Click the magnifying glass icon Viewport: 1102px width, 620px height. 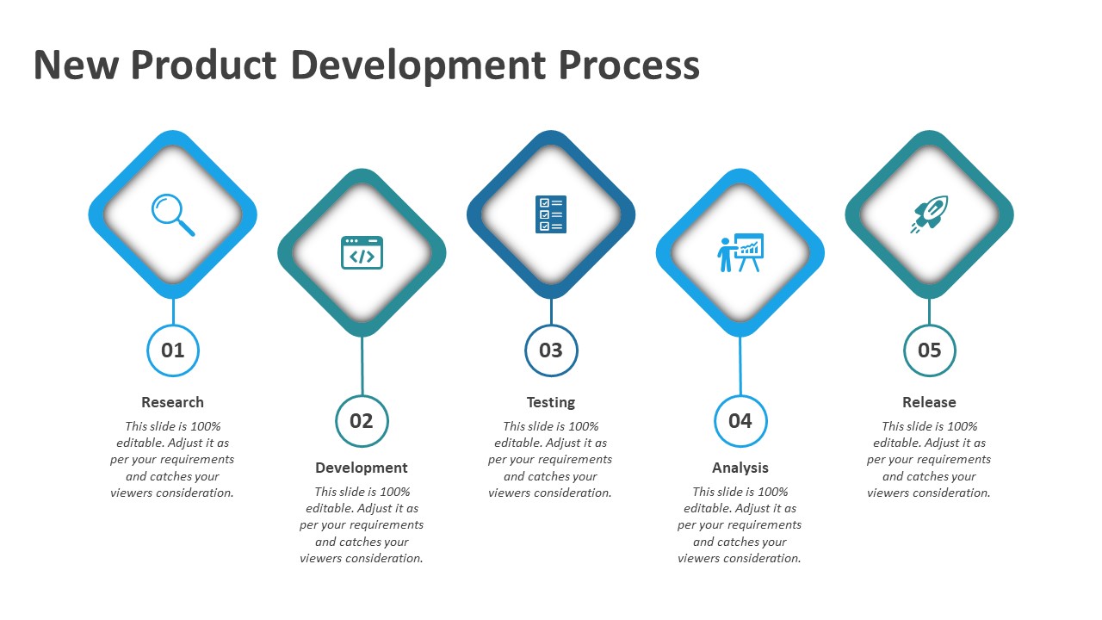173,214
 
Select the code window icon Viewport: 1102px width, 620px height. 362,252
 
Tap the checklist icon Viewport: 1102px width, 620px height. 551,214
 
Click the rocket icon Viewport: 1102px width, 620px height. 929,214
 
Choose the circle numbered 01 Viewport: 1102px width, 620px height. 173,350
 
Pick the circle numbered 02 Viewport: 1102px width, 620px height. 362,421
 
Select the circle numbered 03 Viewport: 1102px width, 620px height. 551,350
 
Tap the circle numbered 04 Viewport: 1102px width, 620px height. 740,421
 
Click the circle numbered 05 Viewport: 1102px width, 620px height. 929,350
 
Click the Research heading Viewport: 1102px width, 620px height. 173,402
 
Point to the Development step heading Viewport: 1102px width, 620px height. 362,468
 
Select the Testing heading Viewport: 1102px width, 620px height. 551,402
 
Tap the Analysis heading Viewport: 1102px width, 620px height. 740,468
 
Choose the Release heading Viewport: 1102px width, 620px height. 929,402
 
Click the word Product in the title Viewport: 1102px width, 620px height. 204,66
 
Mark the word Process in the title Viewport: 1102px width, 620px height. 628,66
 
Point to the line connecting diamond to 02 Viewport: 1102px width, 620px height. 362,366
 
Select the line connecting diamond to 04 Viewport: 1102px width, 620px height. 740,366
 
